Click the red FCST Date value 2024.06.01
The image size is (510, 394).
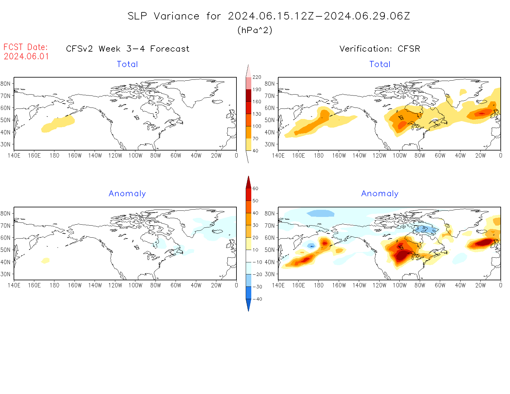coord(26,57)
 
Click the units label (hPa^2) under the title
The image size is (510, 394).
coord(255,30)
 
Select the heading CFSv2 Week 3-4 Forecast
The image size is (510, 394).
coord(127,49)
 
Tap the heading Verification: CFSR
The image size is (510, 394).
coord(380,49)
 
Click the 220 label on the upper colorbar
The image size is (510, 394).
coord(257,77)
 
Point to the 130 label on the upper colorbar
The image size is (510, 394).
coord(257,114)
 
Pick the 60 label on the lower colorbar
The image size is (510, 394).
coord(255,189)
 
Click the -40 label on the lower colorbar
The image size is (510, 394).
coord(257,299)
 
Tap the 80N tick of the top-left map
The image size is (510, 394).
coord(6,84)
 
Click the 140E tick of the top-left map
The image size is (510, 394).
coord(14,156)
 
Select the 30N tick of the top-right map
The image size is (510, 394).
coord(270,144)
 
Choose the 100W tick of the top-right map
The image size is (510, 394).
coord(399,156)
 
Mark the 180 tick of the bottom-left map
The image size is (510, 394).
coord(54,286)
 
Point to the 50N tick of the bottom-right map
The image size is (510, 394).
coord(270,250)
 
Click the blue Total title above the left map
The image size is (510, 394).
coord(127,64)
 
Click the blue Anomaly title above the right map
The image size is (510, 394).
coord(380,194)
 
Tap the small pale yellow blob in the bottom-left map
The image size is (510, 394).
coord(45,261)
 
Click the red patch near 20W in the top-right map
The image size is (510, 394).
coord(481,113)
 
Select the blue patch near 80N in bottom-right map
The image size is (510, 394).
coord(321,213)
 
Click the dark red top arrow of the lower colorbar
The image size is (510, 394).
coord(249,182)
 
